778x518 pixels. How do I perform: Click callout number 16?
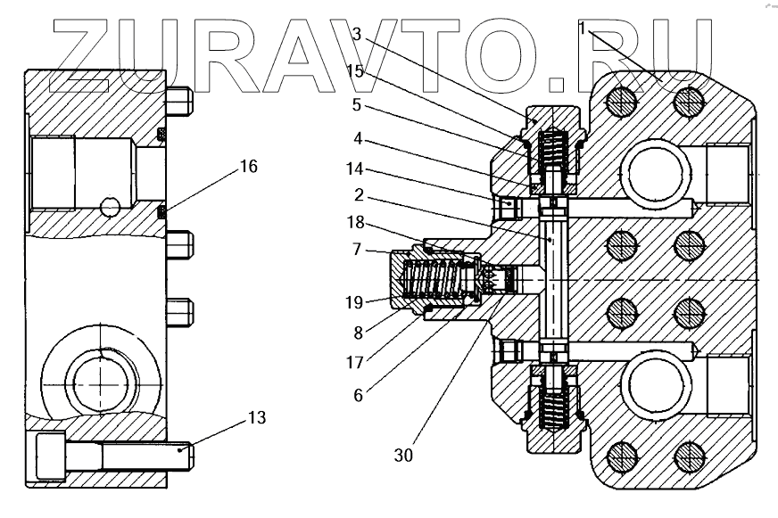(249, 167)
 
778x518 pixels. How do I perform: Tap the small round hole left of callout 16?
(110, 207)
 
